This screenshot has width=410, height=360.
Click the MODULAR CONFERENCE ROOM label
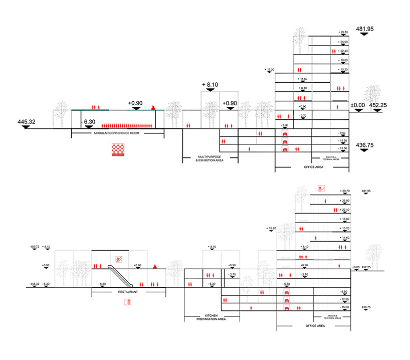[x=117, y=133]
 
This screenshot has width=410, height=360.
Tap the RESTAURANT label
[x=128, y=291]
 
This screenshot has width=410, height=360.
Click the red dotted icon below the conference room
[x=118, y=150]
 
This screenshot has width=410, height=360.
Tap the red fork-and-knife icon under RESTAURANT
[x=127, y=302]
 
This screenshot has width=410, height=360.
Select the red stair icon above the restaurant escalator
[x=119, y=259]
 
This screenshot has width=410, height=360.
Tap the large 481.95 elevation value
[x=365, y=29]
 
